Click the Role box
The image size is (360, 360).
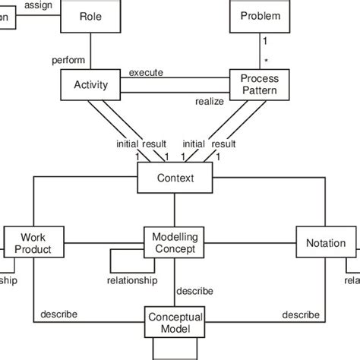[x=90, y=17]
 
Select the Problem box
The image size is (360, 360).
[x=260, y=17]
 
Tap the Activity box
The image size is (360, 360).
[x=90, y=85]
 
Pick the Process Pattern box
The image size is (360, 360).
[x=260, y=85]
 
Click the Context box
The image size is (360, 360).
[x=175, y=178]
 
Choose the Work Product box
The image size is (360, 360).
[x=33, y=243]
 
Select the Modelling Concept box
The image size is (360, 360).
[x=175, y=243]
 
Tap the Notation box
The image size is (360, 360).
[x=325, y=243]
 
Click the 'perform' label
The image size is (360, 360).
[x=69, y=59]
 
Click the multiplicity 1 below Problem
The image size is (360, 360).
[x=265, y=43]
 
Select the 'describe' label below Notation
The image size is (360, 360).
[x=300, y=314]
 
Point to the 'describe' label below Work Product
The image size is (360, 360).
[x=58, y=314]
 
